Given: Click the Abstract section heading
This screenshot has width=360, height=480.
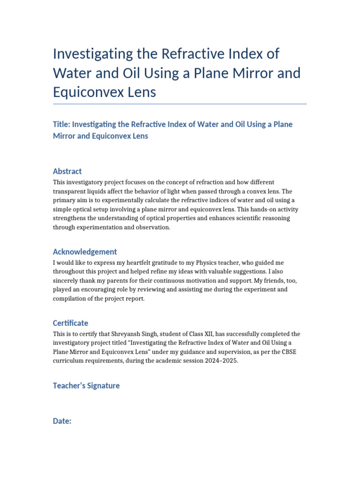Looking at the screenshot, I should tap(67, 172).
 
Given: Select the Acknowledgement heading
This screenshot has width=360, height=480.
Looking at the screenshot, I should tap(85, 252).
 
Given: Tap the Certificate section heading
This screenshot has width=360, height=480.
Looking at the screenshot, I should tap(70, 323).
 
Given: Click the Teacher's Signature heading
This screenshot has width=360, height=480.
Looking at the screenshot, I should tap(86, 386).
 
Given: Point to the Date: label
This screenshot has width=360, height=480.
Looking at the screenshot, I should tap(62, 421).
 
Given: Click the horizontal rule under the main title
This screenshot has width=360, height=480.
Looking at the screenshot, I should tap(180, 104).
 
